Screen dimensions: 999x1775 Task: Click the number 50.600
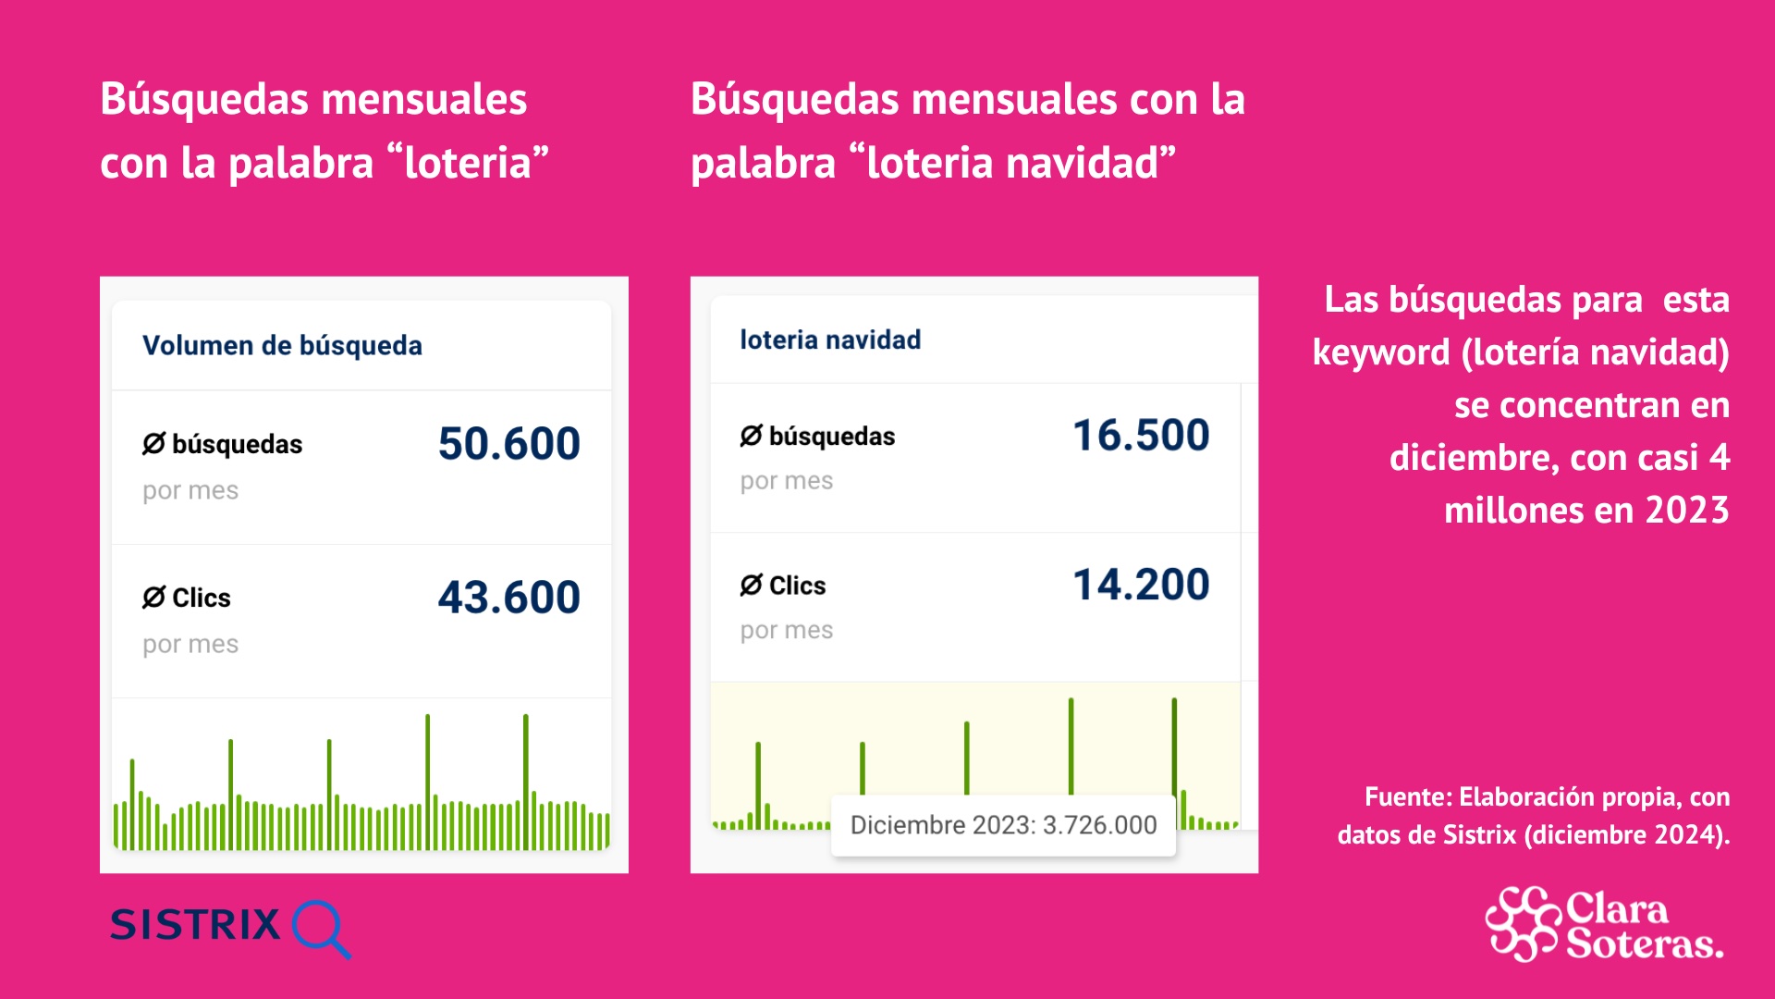(x=508, y=444)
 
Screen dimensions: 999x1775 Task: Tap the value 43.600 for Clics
(x=508, y=598)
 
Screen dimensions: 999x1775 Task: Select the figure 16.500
(x=1141, y=436)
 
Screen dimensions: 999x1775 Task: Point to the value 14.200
(x=1141, y=585)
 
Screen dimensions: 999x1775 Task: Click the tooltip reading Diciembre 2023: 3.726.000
(x=1003, y=825)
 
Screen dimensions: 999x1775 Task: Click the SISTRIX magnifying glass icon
(x=320, y=927)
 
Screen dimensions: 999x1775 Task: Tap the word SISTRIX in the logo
(x=195, y=925)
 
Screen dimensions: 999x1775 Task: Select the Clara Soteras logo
(x=1604, y=925)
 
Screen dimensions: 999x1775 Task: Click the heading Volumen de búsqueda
(x=282, y=346)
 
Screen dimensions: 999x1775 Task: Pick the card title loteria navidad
(x=830, y=340)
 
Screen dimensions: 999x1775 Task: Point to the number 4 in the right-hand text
(x=1719, y=458)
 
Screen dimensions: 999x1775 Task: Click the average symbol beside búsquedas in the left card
(x=153, y=444)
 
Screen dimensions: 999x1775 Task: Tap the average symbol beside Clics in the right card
(x=751, y=586)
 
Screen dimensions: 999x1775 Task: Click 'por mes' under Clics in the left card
(x=190, y=645)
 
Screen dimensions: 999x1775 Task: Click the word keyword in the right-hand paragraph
(x=1381, y=353)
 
